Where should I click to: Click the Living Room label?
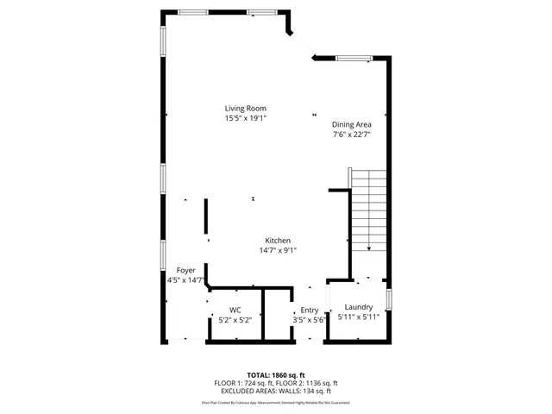(x=246, y=108)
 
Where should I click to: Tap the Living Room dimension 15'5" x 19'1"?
(x=246, y=118)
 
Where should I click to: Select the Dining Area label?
(x=352, y=124)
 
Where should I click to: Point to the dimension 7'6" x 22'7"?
(x=352, y=135)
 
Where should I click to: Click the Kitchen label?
(x=277, y=241)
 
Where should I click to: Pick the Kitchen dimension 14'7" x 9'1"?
(x=277, y=251)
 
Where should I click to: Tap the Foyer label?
(x=186, y=270)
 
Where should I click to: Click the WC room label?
(x=235, y=310)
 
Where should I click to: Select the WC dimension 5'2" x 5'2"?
(x=235, y=320)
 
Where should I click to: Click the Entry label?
(x=309, y=310)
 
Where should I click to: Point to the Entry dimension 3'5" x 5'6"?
(x=309, y=321)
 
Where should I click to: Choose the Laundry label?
(x=358, y=307)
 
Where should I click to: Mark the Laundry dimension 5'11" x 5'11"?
(x=358, y=317)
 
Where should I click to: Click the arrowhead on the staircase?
(x=368, y=248)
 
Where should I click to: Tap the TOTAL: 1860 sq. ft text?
(x=276, y=375)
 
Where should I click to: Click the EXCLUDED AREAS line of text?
(x=276, y=390)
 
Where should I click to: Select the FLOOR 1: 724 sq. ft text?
(x=245, y=383)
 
